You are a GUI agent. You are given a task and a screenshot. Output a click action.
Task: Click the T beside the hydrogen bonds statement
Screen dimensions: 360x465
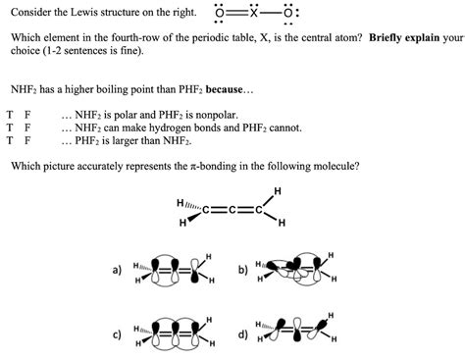(x=10, y=127)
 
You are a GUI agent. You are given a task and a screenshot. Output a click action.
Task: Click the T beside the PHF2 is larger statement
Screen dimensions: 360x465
(x=10, y=139)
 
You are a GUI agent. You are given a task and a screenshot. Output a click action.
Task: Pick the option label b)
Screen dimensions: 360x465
(x=242, y=268)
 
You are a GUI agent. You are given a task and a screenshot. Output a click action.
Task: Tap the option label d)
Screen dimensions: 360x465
(x=242, y=334)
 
